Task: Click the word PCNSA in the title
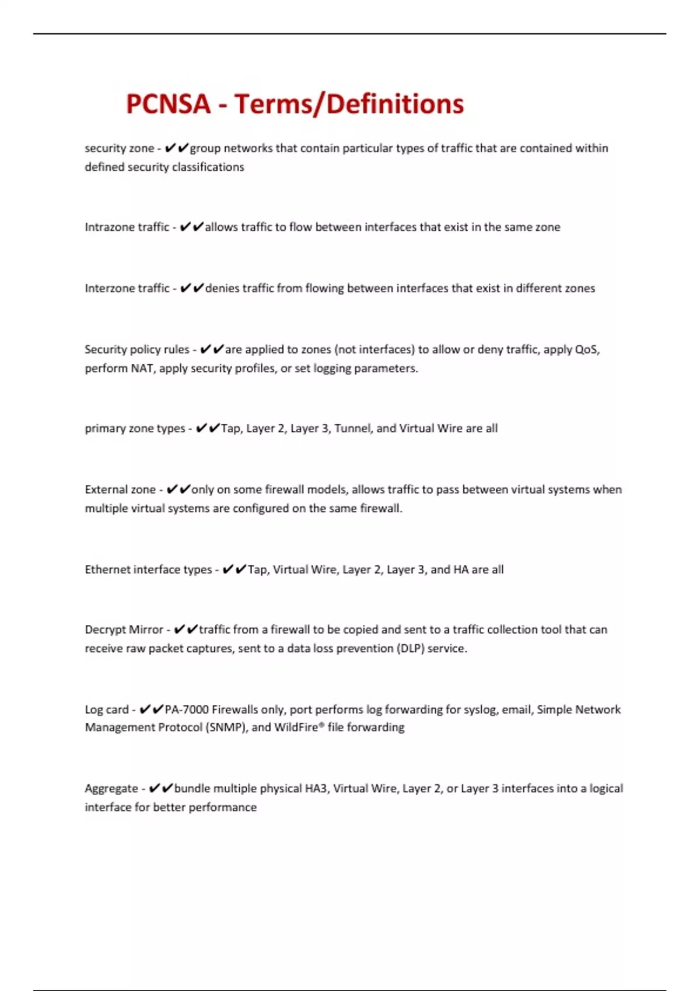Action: [x=168, y=104]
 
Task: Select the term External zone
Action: [x=120, y=490]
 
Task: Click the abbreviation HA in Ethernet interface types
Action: [x=461, y=570]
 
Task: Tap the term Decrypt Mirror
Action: [x=124, y=630]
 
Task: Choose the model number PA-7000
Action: [x=187, y=709]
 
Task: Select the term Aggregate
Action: [x=111, y=789]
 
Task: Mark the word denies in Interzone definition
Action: [x=222, y=289]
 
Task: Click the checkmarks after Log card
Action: [x=151, y=709]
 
